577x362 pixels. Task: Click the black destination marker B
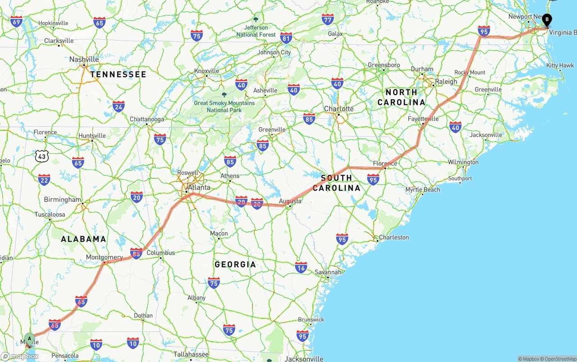pos(547,20)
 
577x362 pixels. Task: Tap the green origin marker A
pos(29,339)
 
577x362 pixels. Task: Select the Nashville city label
pos(84,59)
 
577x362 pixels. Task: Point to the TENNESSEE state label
pos(118,74)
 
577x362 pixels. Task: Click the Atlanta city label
pos(199,188)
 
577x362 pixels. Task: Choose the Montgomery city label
pos(104,257)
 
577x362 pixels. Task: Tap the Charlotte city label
pos(339,109)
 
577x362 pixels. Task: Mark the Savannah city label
pos(328,272)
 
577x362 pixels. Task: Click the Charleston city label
pos(394,237)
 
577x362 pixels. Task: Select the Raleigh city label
pos(446,82)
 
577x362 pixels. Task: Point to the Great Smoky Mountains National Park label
pos(224,106)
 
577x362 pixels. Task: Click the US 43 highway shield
pos(42,156)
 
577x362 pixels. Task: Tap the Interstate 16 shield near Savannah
pos(301,267)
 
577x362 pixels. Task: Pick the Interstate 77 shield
pos(328,19)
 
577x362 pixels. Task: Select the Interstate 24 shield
pos(119,106)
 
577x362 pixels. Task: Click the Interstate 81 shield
pos(286,37)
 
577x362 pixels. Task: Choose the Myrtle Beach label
pos(422,189)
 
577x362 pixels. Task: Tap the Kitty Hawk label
pos(560,65)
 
